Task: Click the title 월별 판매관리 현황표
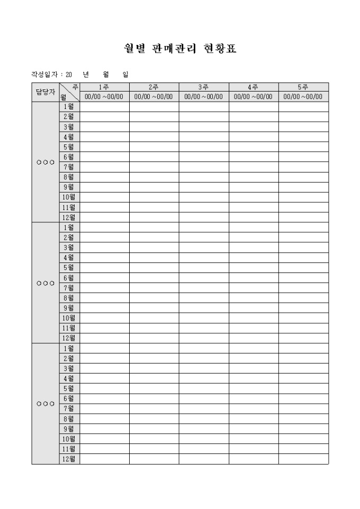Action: coord(179,49)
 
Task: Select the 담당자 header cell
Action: coord(45,92)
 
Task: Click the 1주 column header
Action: coord(104,87)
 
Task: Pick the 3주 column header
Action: coord(203,87)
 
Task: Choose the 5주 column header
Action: coord(303,87)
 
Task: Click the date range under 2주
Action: coord(154,97)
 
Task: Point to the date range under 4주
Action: coord(253,97)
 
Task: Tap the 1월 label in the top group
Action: coord(69,107)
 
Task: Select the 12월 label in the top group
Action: coord(69,217)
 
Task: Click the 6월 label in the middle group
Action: coord(69,278)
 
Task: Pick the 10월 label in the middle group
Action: coord(69,318)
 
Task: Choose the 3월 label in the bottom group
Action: coord(69,368)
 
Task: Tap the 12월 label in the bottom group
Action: coord(69,459)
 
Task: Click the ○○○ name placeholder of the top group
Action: coord(45,162)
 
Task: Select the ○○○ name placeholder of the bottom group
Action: coord(45,404)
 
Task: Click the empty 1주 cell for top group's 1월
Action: coord(104,107)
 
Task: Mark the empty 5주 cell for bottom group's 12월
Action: coord(303,459)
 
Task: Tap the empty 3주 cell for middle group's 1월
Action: coord(203,228)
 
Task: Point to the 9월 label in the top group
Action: coord(69,187)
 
